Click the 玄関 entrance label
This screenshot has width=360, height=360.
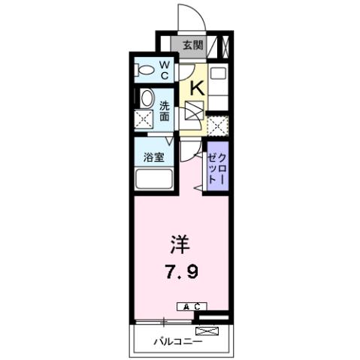point(192,45)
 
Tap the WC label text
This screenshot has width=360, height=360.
point(164,71)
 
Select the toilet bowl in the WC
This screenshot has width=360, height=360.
point(143,71)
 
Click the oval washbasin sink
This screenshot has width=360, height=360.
point(146,98)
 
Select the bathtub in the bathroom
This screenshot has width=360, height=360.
point(154,181)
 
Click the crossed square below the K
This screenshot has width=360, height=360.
point(193,111)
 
